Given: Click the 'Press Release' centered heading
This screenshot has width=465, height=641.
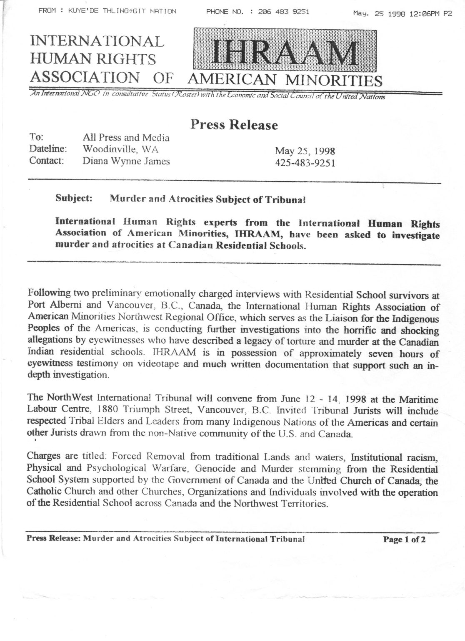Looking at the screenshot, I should (233, 125).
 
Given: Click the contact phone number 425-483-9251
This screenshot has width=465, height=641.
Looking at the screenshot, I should (305, 162).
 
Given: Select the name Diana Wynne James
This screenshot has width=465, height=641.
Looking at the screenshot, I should (126, 161).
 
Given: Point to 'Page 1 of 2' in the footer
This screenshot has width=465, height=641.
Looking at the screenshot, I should (404, 539).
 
